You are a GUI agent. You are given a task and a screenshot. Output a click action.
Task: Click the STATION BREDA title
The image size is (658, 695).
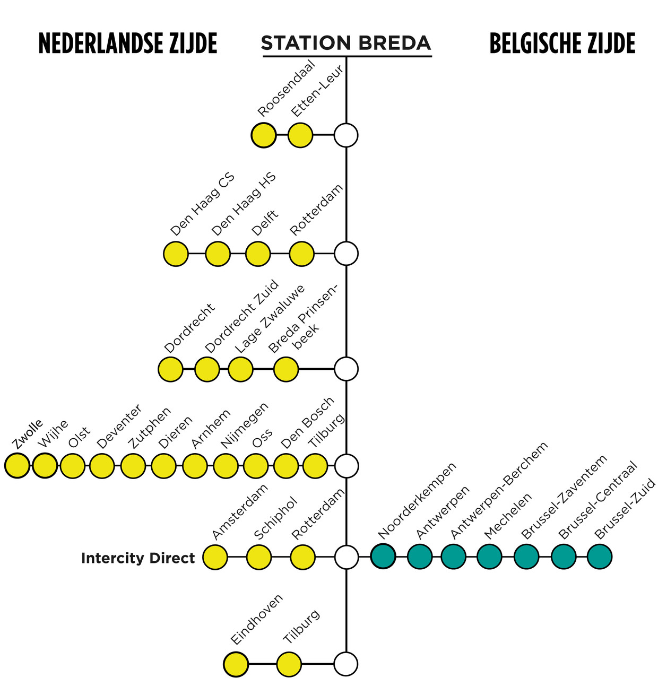(x=346, y=43)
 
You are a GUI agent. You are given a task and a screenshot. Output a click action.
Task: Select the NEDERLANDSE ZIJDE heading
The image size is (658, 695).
(x=128, y=43)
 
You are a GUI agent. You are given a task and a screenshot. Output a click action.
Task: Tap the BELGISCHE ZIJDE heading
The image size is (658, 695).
(x=562, y=43)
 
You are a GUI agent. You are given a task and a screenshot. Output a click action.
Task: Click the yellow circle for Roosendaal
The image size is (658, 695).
(x=263, y=135)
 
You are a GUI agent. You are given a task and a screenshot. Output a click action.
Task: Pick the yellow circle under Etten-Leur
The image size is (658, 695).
(x=300, y=135)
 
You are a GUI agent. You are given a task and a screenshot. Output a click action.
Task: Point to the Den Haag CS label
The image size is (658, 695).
(x=202, y=204)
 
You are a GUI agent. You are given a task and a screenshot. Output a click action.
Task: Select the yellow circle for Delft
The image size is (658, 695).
(x=258, y=254)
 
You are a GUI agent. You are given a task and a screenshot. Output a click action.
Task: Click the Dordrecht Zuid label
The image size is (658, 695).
(x=242, y=316)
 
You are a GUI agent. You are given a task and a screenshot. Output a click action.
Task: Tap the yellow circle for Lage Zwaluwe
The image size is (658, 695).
(x=240, y=369)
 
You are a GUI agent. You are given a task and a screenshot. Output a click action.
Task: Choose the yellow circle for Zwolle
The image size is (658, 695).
(x=17, y=466)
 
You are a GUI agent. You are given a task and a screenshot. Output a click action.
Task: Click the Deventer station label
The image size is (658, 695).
(x=119, y=427)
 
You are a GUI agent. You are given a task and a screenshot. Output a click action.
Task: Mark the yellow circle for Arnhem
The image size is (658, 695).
(x=195, y=466)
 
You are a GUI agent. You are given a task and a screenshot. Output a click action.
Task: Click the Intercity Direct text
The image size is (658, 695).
(x=138, y=558)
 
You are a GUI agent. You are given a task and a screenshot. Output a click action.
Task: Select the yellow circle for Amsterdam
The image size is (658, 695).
(x=215, y=557)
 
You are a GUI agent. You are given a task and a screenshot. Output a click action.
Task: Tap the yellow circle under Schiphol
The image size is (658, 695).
(x=259, y=557)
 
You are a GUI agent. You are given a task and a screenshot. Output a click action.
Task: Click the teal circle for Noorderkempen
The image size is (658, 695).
(x=383, y=557)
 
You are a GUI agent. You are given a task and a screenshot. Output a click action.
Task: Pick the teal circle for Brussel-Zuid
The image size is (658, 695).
(x=599, y=557)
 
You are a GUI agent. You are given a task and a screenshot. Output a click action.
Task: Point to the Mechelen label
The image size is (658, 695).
(x=507, y=517)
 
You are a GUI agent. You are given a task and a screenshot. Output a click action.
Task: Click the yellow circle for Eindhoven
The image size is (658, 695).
(x=236, y=664)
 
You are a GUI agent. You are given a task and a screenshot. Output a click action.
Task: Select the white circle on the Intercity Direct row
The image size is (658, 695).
(x=347, y=557)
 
